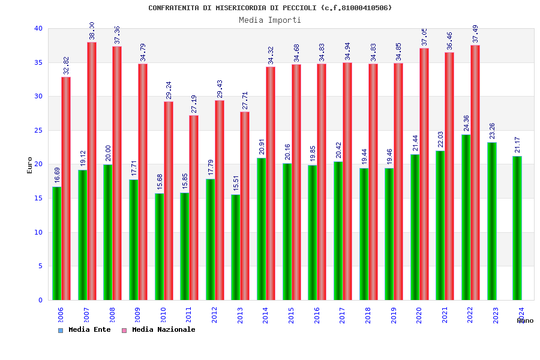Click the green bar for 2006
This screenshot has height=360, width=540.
[x=56, y=243]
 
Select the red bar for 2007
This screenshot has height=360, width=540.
[x=92, y=171]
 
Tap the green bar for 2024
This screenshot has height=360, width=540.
[x=517, y=228]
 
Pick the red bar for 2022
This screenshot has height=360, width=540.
[x=475, y=172]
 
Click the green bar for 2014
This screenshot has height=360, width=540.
[x=262, y=229]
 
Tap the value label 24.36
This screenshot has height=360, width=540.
[x=467, y=122]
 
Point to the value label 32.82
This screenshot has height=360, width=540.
[x=67, y=65]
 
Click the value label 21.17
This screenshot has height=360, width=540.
[x=518, y=145]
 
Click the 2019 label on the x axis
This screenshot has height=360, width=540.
[x=394, y=314]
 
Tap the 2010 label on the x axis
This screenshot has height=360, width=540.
[x=163, y=314]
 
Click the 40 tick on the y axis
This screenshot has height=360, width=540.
[x=38, y=28]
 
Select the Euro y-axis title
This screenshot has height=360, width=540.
[x=30, y=165]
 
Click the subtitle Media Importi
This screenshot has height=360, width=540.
[x=270, y=20]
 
